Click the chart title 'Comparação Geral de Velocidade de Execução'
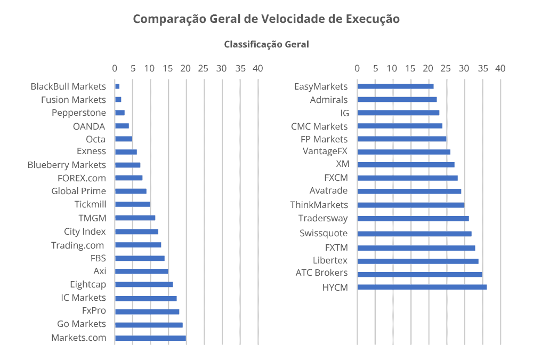click(x=266, y=19)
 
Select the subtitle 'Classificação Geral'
click(x=266, y=44)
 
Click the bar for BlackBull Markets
click(x=117, y=86)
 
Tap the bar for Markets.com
click(x=150, y=338)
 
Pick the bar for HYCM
click(x=422, y=287)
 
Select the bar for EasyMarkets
click(x=395, y=86)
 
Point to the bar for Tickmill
click(x=133, y=204)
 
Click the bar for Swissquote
click(x=414, y=234)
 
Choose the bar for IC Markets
click(x=146, y=299)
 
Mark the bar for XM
click(x=406, y=165)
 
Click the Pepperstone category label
click(x=79, y=113)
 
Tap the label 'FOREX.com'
click(x=82, y=178)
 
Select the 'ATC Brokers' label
click(x=321, y=273)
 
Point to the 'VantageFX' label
click(x=325, y=151)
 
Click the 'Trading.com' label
click(x=78, y=245)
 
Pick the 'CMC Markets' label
click(x=319, y=126)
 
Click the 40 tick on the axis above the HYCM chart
click(x=500, y=68)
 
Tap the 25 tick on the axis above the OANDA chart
click(x=203, y=68)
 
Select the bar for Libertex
click(x=418, y=261)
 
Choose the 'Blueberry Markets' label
click(x=67, y=165)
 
